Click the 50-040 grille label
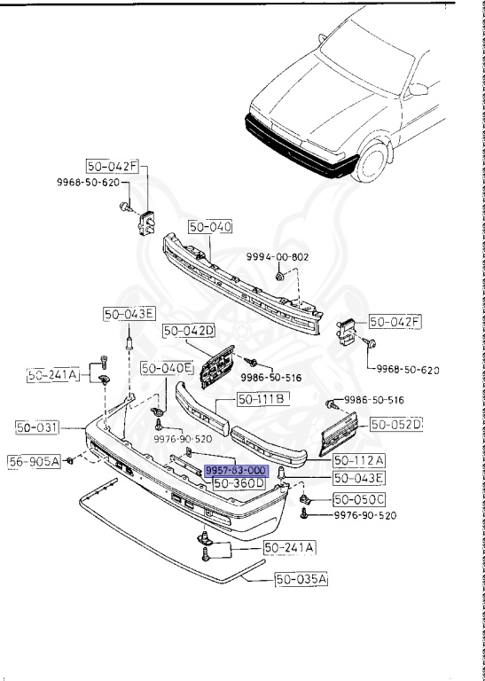click(209, 227)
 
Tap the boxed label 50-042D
click(189, 331)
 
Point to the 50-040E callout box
click(167, 367)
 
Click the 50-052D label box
click(396, 425)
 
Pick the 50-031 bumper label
click(36, 427)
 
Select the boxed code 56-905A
click(35, 460)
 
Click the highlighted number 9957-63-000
click(235, 470)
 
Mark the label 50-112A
click(359, 460)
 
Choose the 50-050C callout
click(359, 499)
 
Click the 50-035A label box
click(276, 580)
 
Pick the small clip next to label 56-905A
click(70, 459)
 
